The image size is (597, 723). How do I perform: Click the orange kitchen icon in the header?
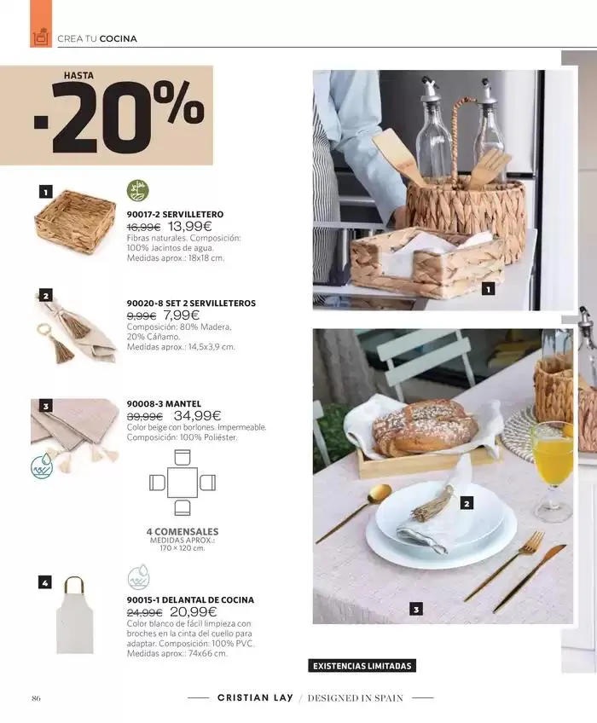41,37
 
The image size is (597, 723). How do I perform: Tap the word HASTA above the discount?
78,75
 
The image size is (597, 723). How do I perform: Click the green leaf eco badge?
137,191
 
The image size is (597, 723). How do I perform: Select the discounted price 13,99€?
189,227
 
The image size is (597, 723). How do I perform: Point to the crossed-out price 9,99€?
142,315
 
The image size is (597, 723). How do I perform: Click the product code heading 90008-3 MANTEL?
164,403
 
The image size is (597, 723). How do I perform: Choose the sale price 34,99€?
197,415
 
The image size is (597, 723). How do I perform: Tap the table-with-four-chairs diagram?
183,483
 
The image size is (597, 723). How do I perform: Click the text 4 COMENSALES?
183,531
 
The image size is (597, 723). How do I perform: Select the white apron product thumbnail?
75,614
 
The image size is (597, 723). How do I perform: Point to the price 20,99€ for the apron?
194,612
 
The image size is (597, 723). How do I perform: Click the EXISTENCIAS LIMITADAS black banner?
362,666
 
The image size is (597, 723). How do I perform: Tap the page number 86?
36,698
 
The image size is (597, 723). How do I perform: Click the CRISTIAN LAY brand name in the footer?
255,697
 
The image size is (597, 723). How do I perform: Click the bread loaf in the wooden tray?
425,427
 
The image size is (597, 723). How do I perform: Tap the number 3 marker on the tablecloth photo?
416,610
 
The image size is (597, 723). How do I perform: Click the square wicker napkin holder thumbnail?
75,215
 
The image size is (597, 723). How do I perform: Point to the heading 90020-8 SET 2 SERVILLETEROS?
191,303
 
